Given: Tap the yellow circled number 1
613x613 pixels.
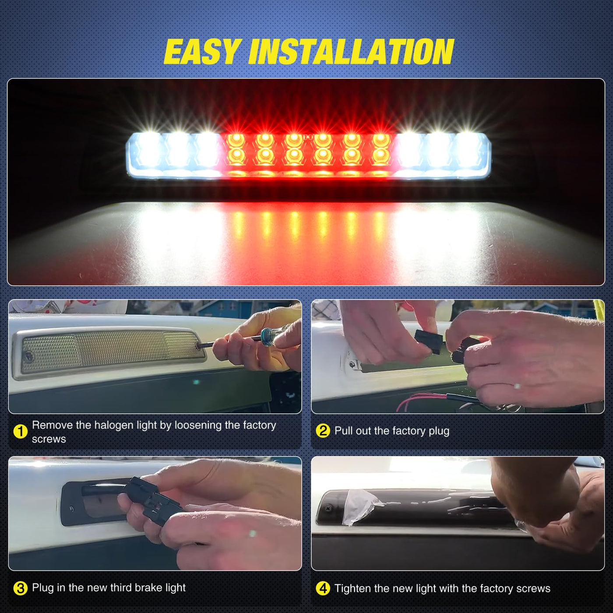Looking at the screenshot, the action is point(21,432).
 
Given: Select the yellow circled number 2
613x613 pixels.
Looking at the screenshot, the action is point(323,430).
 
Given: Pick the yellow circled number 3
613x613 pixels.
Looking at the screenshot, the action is point(21,588).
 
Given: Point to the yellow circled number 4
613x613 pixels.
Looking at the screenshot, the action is point(323,588).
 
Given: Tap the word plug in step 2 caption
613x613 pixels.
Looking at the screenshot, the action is point(439,431).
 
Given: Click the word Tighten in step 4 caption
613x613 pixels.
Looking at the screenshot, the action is point(353,588).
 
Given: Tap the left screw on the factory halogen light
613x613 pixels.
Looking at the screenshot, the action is point(28,356).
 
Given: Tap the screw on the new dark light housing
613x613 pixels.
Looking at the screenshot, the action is point(328,509).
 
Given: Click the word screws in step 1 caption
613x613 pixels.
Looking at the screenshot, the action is point(49,439).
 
